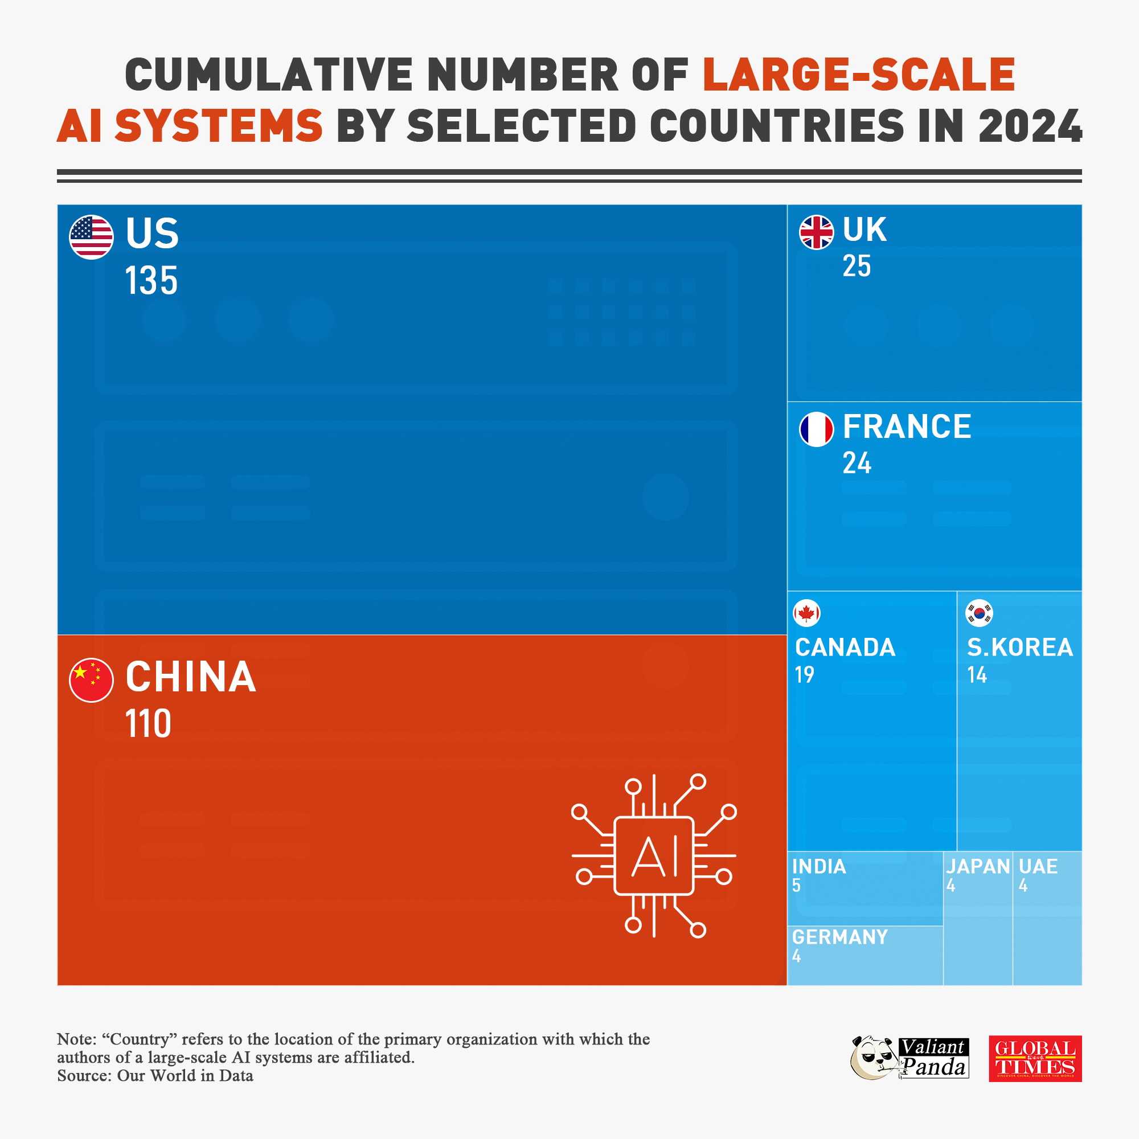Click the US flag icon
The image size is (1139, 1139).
coord(91,237)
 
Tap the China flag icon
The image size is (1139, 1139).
coord(91,680)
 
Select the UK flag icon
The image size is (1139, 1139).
coord(816,232)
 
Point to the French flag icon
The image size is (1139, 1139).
coord(816,429)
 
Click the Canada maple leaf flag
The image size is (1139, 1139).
coord(806,613)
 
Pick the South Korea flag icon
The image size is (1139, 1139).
coord(978,613)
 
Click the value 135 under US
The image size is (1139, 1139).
coord(151,281)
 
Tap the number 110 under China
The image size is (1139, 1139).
coord(148,724)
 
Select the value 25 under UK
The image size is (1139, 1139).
coord(856,267)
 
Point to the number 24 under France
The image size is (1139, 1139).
coord(856,464)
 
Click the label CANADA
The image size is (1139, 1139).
coord(845,648)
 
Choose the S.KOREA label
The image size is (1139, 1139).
coord(1019,648)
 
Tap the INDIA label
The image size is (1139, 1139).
coord(819,867)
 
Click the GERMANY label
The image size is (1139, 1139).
coord(839,937)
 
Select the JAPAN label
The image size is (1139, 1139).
coord(977,867)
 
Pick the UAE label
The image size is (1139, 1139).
coord(1038,867)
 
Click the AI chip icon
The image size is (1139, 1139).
coord(653,856)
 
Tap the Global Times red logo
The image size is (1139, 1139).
coord(1035,1059)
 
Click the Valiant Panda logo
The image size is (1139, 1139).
coord(909,1059)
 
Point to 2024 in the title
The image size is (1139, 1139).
coord(1030,126)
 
